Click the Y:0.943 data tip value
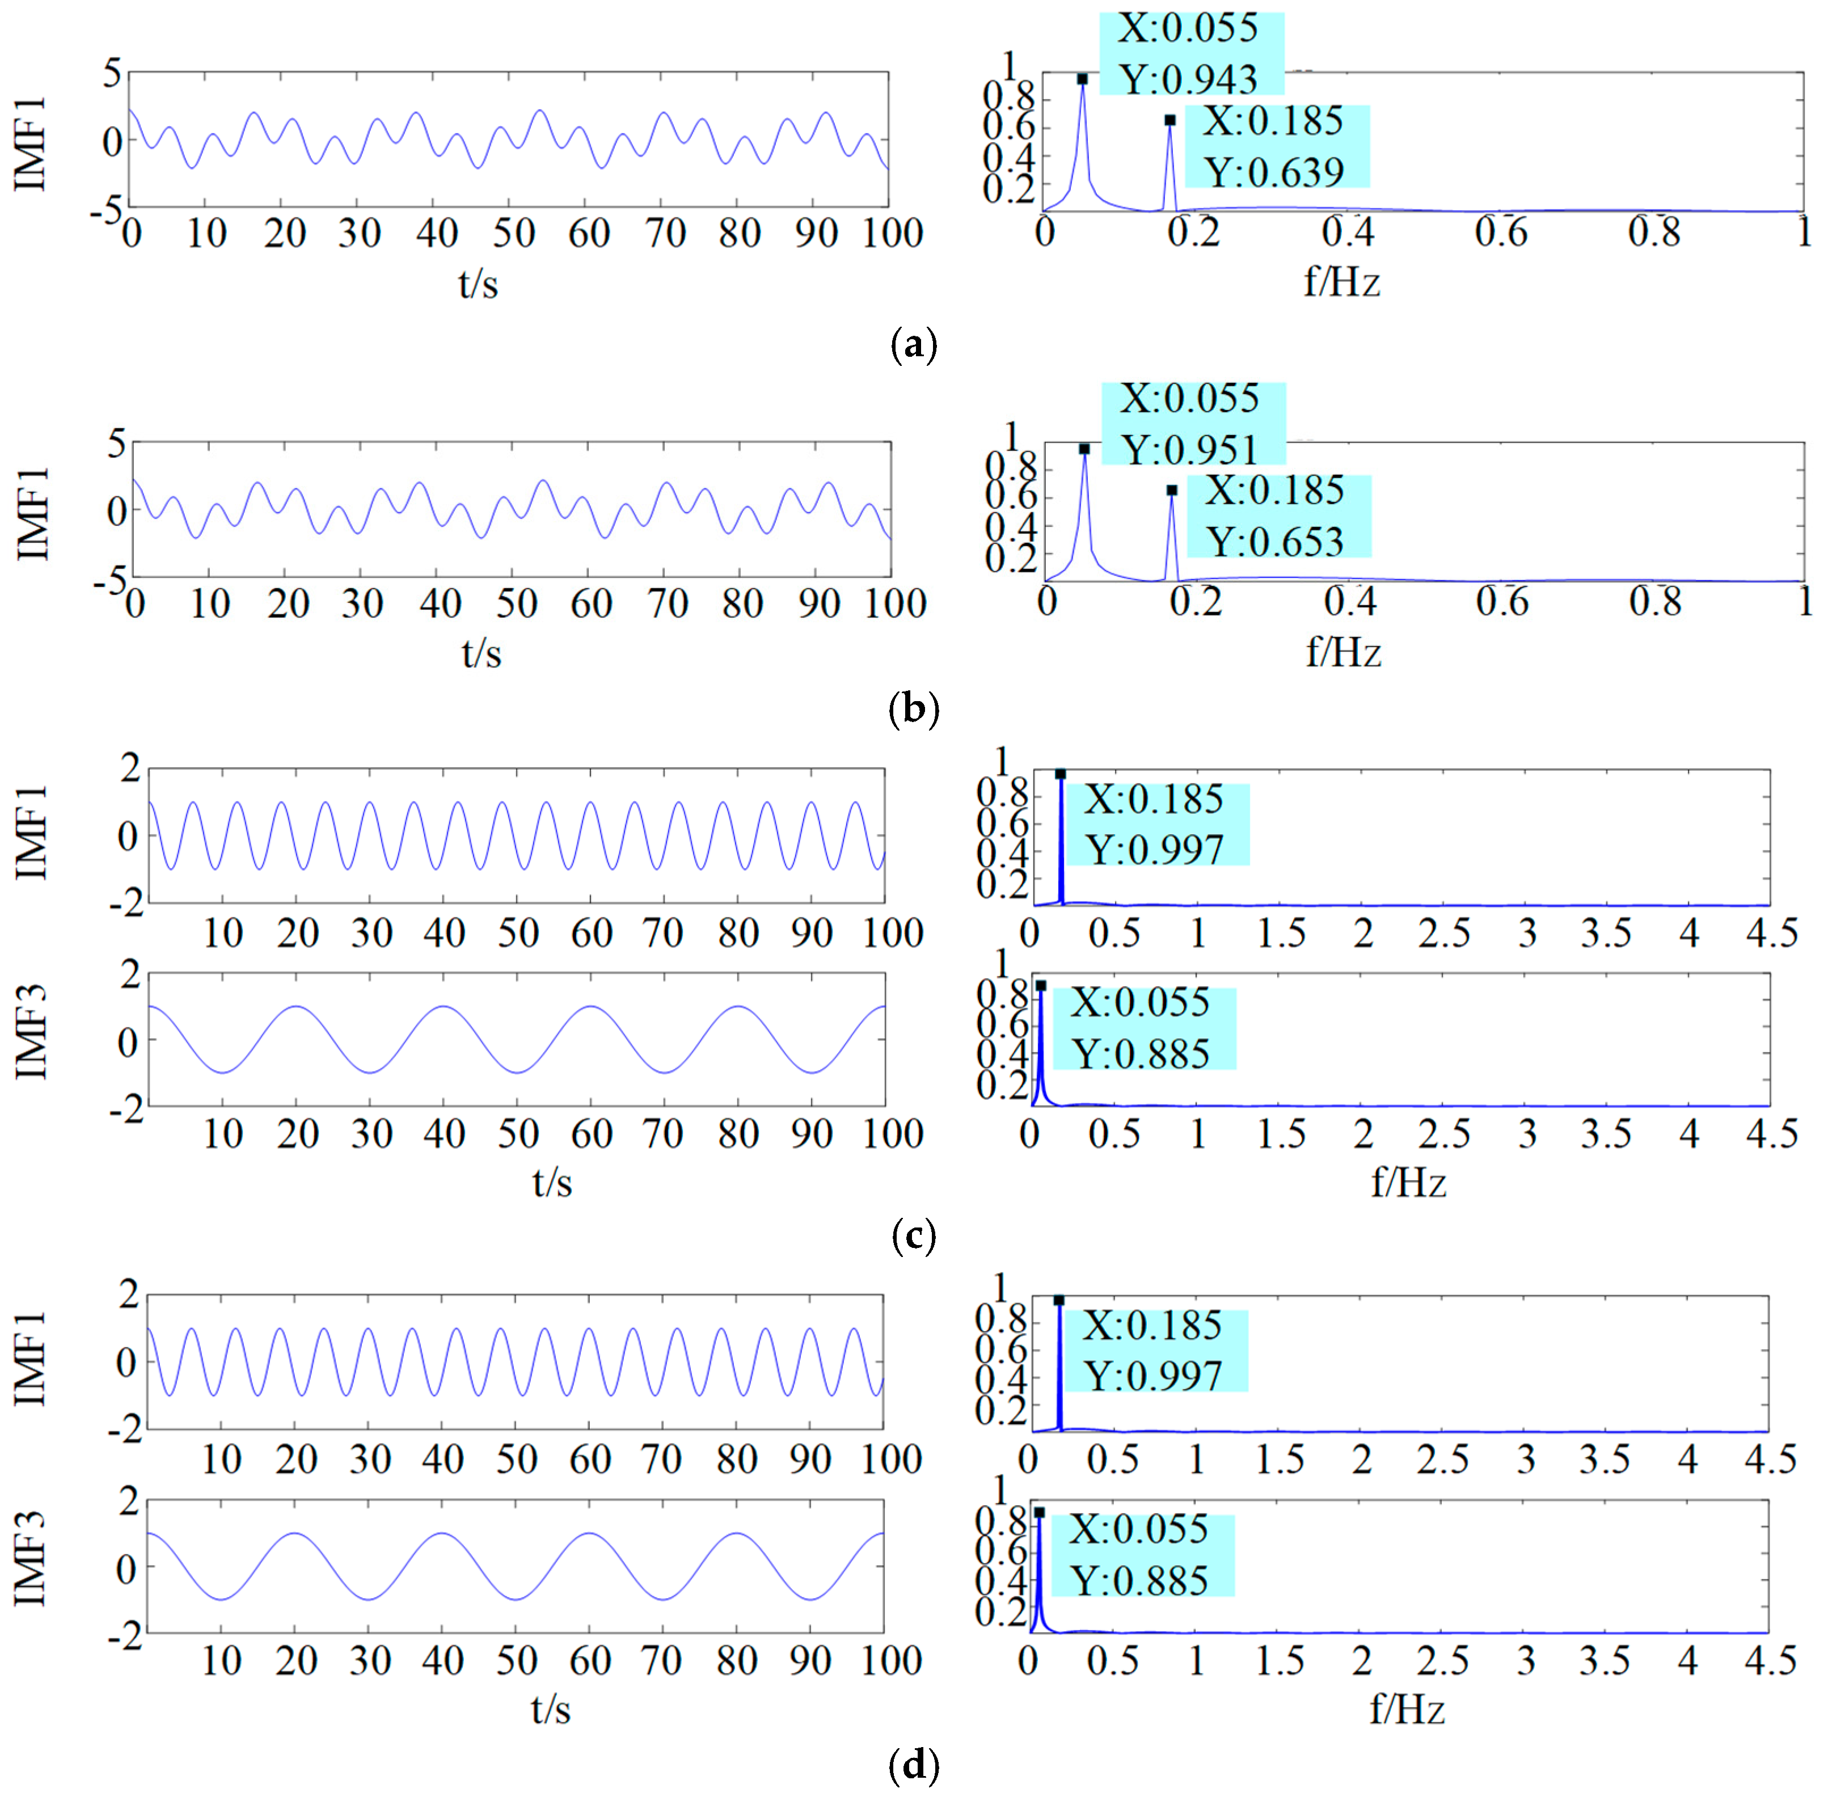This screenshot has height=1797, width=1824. [1188, 79]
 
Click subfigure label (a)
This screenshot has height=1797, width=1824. [913, 344]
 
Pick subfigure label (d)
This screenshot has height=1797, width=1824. [913, 1763]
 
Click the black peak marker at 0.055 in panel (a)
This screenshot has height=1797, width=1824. [1082, 79]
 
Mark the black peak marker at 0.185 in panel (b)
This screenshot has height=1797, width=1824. [1172, 490]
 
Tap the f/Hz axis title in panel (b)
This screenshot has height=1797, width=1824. [1342, 652]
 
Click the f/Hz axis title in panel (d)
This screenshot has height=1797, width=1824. [1406, 1709]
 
